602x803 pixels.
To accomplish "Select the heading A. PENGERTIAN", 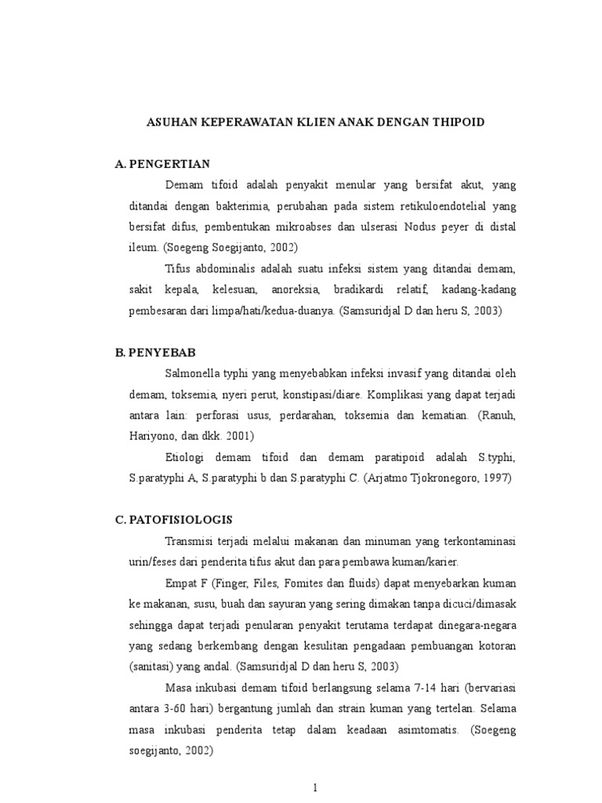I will click(162, 164).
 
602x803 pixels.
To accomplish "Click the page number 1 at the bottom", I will click(314, 788).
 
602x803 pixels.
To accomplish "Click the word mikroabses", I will click(305, 227).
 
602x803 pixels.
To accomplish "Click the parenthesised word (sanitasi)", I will click(150, 667).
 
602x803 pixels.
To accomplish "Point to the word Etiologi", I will click(188, 456).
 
